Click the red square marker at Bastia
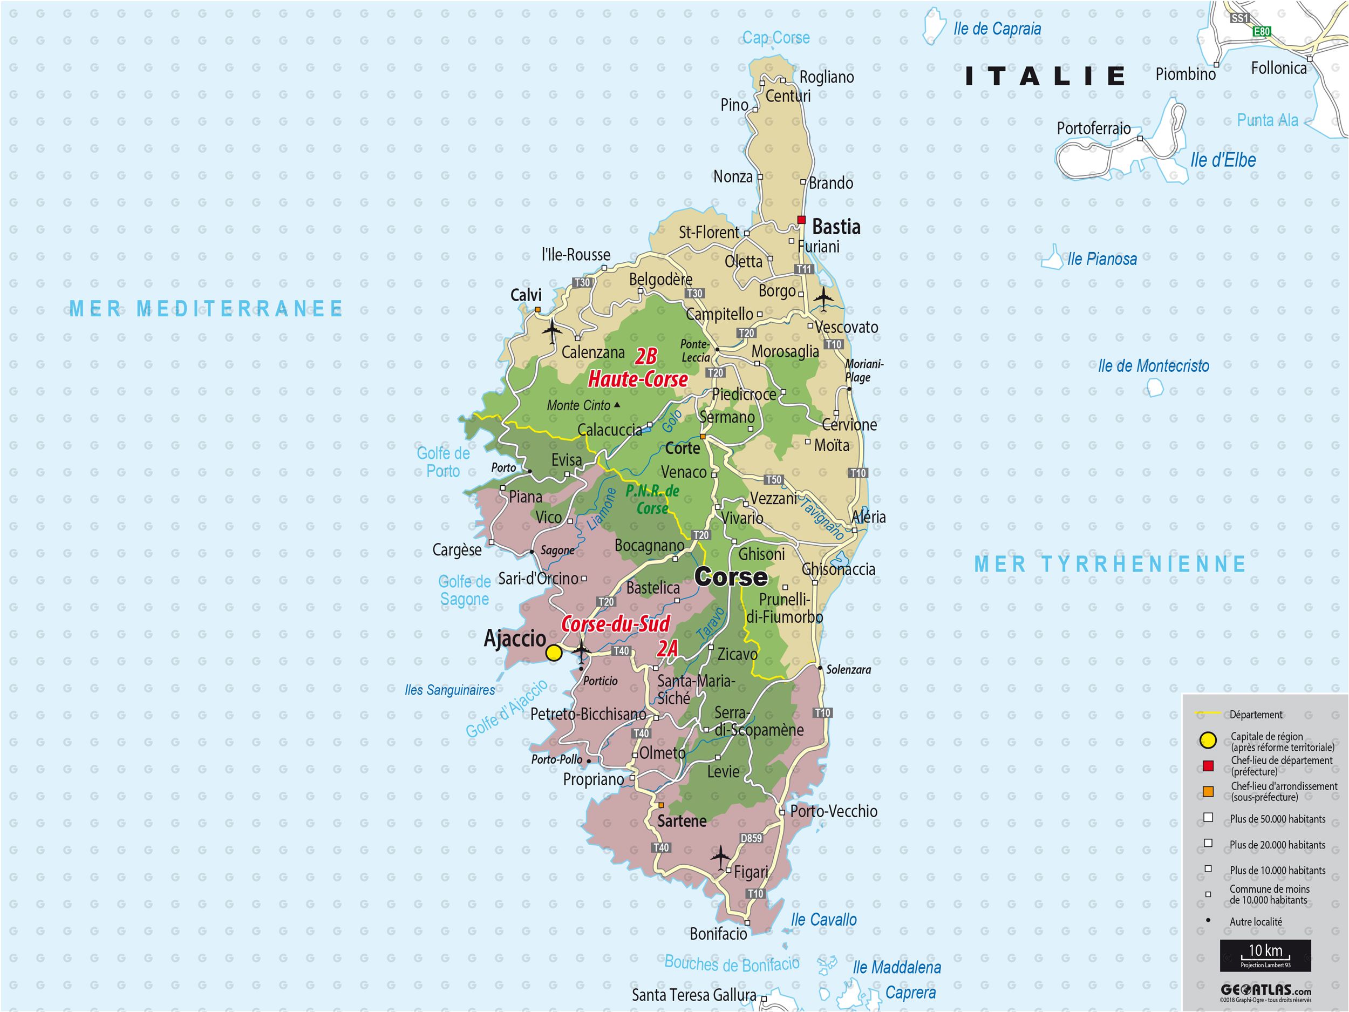click(801, 220)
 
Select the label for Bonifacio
click(718, 934)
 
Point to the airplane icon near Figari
click(720, 857)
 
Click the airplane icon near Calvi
click(553, 331)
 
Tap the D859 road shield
click(751, 838)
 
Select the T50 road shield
click(773, 479)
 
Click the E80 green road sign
click(1261, 32)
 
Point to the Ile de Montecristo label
click(1153, 366)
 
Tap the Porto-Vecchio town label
click(834, 811)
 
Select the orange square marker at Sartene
click(661, 805)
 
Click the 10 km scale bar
click(1265, 955)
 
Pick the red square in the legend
click(1208, 765)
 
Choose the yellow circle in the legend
click(1208, 741)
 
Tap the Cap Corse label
click(776, 38)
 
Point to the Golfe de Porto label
click(444, 462)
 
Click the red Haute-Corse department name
click(638, 379)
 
